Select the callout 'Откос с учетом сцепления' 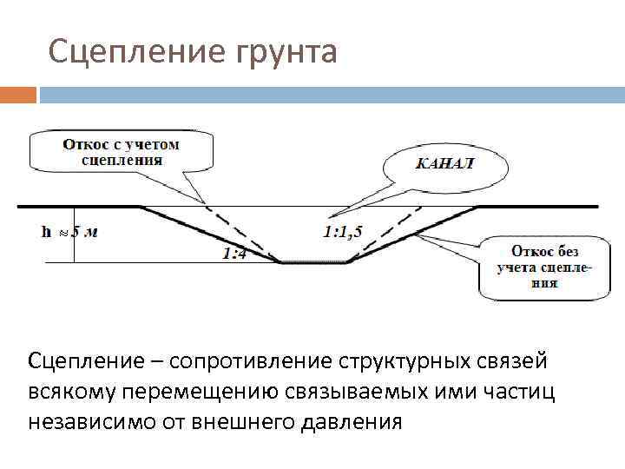point(121,151)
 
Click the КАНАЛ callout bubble point(445,163)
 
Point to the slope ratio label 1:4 point(233,254)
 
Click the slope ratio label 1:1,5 point(341,231)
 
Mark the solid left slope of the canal point(208,234)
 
